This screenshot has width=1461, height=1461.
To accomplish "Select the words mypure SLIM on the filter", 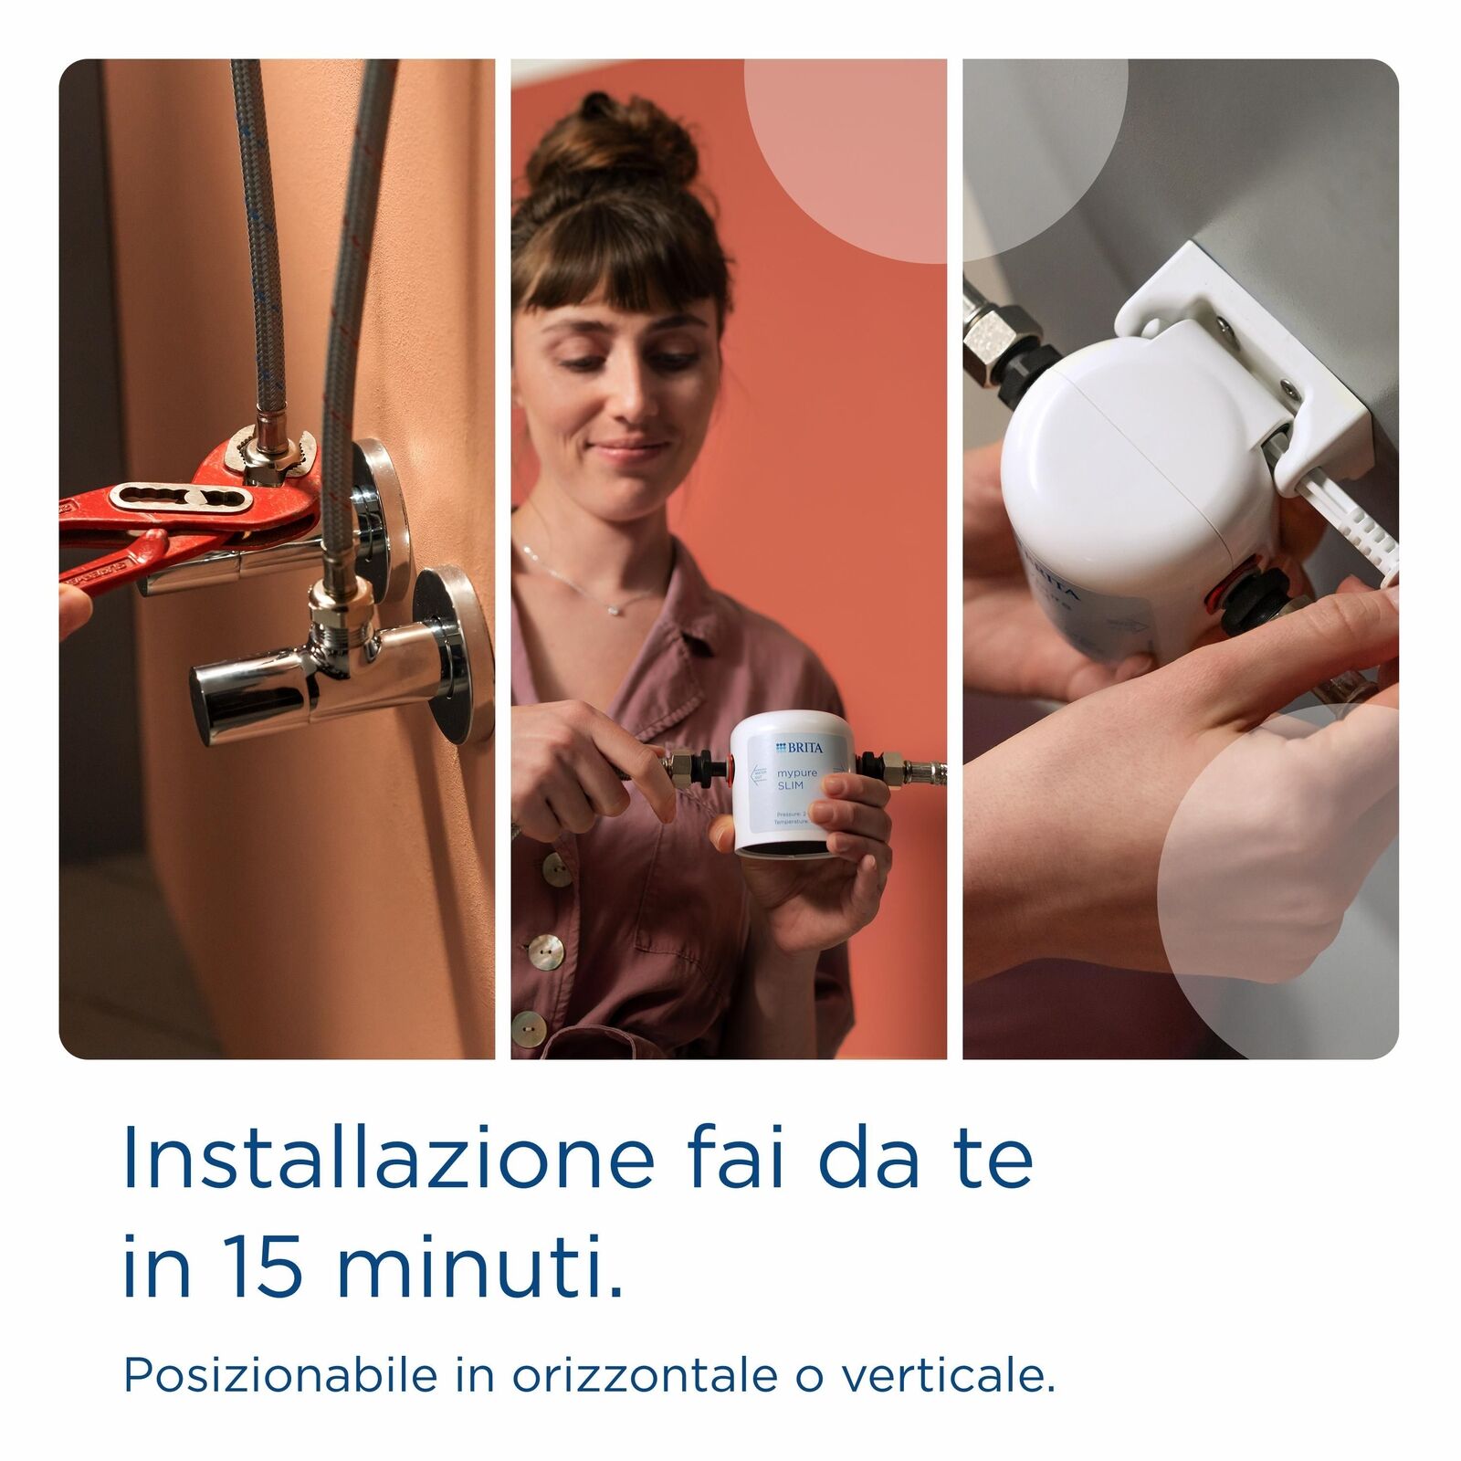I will coord(797,779).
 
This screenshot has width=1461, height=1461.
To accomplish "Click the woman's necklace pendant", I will coord(615,608).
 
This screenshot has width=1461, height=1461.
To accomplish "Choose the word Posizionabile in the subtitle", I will coord(279,1375).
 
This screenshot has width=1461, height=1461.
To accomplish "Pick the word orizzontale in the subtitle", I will coord(645,1375).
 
